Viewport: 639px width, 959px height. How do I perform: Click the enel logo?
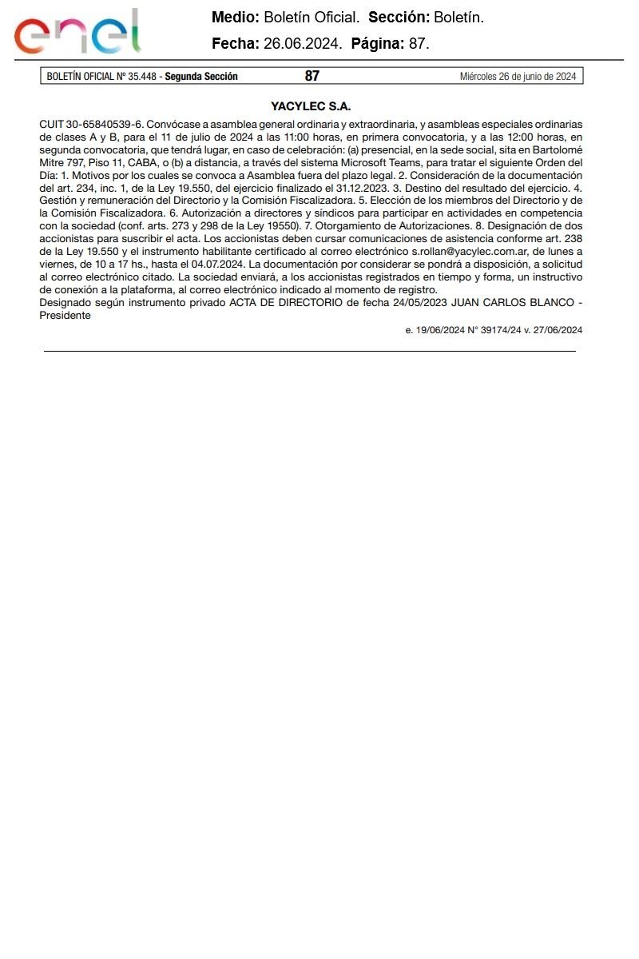pyautogui.click(x=77, y=33)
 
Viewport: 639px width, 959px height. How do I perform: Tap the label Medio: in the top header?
pyautogui.click(x=235, y=18)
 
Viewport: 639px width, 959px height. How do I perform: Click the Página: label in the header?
pyautogui.click(x=378, y=45)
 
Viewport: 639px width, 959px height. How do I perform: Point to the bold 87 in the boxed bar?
pyautogui.click(x=312, y=77)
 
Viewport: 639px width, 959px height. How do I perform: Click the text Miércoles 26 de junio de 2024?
pyautogui.click(x=518, y=77)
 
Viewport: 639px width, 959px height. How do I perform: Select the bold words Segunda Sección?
pyautogui.click(x=201, y=77)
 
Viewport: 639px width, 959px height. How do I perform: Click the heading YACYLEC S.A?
pyautogui.click(x=311, y=106)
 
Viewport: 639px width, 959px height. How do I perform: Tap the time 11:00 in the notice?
pyautogui.click(x=296, y=137)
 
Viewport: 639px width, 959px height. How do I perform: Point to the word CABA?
pyautogui.click(x=144, y=163)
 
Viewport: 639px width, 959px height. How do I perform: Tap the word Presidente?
pyautogui.click(x=65, y=315)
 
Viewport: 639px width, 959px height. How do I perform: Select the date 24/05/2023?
pyautogui.click(x=420, y=303)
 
